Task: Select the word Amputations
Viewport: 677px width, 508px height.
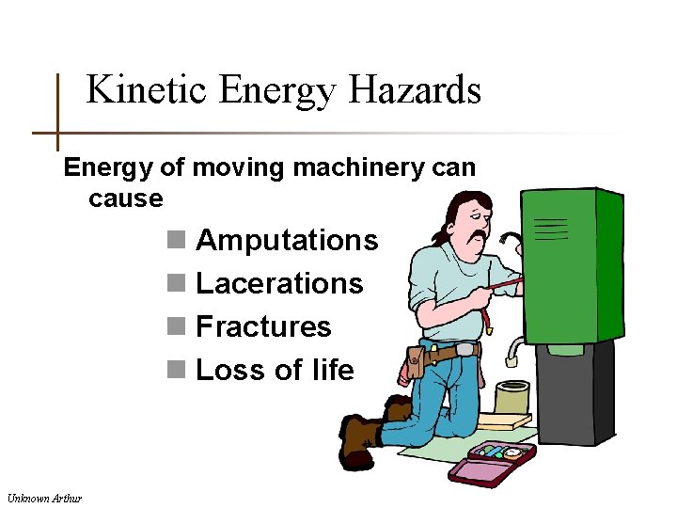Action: tap(287, 241)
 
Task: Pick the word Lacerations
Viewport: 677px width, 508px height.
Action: tap(279, 284)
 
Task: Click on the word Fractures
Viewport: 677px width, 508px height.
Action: tap(263, 327)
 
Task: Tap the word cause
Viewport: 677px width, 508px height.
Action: tap(125, 199)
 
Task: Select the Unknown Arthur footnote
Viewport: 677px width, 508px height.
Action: tap(44, 497)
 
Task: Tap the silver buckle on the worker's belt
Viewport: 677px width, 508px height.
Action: tap(465, 351)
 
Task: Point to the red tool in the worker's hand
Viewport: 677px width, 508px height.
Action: tap(504, 282)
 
